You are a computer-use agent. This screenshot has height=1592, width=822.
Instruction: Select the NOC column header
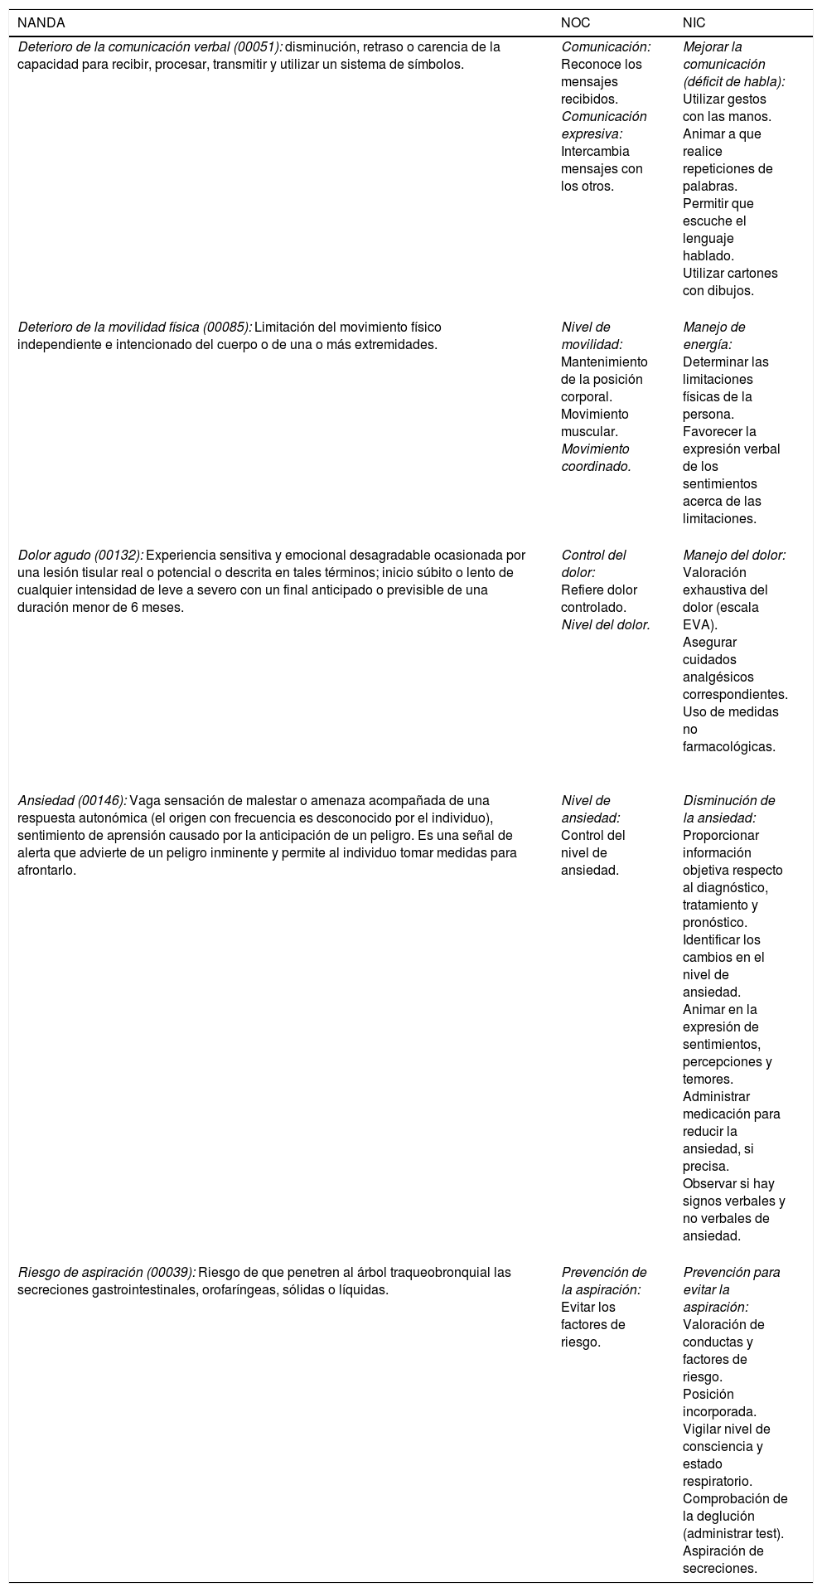pyautogui.click(x=576, y=23)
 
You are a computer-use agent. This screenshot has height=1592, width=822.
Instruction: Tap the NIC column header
pyautogui.click(x=694, y=23)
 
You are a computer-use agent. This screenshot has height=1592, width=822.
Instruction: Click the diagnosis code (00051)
pyautogui.click(x=256, y=47)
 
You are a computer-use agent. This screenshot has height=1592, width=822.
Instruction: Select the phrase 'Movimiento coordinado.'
pyautogui.click(x=597, y=458)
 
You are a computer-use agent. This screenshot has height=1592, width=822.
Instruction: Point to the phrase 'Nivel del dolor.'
pyautogui.click(x=605, y=624)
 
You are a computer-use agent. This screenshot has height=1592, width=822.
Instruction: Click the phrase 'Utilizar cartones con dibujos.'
pyautogui.click(x=730, y=282)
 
